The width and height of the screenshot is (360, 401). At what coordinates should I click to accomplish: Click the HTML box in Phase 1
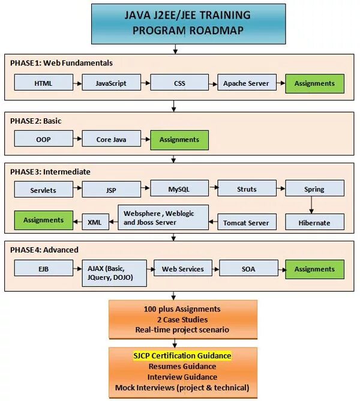[43, 83]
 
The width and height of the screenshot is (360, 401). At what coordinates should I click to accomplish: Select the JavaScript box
[111, 83]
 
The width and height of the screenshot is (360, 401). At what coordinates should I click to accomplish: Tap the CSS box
[179, 83]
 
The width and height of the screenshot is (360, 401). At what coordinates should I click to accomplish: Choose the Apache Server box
[247, 83]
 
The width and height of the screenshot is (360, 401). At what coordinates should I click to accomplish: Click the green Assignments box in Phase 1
[314, 83]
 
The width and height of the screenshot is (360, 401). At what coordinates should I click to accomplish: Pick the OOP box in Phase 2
[43, 140]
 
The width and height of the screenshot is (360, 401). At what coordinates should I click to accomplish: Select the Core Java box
[111, 140]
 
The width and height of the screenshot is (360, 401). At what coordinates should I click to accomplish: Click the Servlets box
[43, 190]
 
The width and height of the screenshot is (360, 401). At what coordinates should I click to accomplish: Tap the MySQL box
[179, 189]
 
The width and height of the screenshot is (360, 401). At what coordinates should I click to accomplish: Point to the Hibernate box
[314, 222]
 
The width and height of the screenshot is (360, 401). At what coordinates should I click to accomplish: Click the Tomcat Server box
[247, 222]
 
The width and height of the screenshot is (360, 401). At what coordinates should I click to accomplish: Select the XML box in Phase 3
[95, 222]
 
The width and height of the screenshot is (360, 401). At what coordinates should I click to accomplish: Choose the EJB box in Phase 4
[43, 270]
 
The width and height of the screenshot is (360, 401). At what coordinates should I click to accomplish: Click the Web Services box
[183, 269]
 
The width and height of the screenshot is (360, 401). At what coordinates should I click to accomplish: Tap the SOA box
[248, 269]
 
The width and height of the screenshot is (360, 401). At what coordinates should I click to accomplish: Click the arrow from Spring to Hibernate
[311, 205]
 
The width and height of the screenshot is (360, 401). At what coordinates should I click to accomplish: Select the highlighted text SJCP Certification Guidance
[182, 355]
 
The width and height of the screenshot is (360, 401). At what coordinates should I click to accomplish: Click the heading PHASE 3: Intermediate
[50, 172]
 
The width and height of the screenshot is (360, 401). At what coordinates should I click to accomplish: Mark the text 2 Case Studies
[182, 319]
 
